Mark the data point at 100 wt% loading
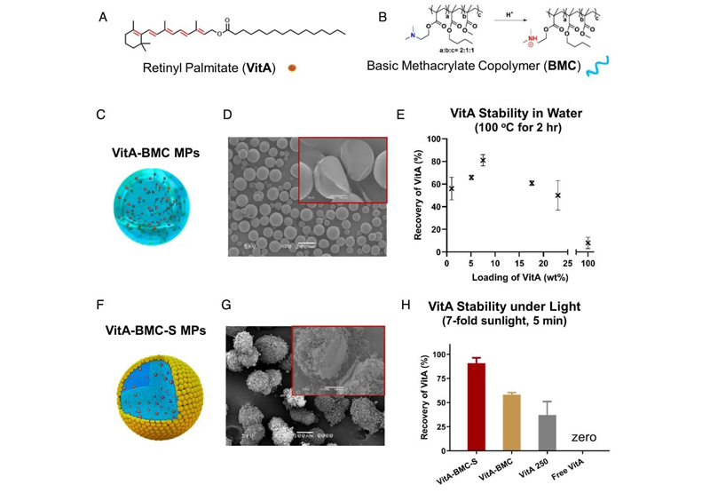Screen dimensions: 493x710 click(x=588, y=243)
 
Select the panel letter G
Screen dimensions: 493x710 click(x=227, y=305)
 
